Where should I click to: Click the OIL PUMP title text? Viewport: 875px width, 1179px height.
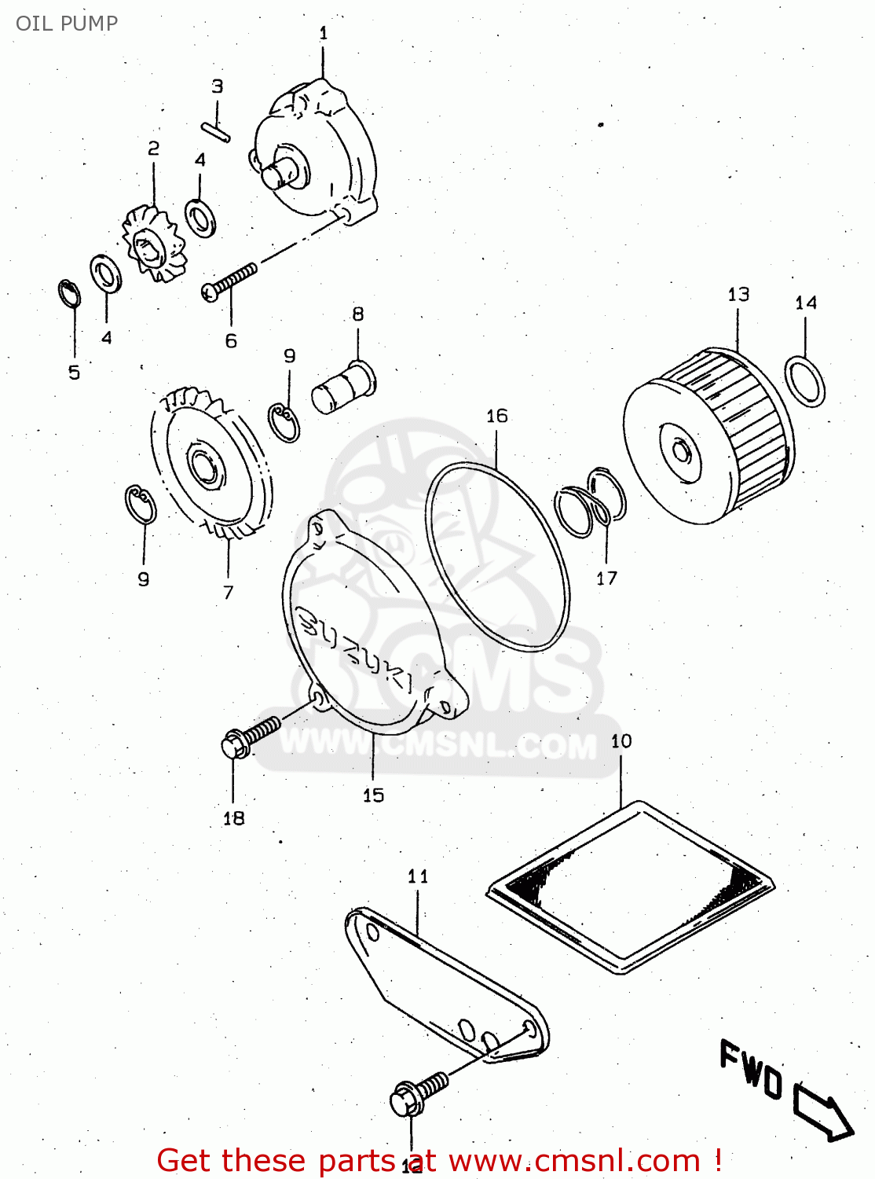point(67,23)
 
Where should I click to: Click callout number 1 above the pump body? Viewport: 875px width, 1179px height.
point(323,33)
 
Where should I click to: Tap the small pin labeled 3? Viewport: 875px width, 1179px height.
point(214,131)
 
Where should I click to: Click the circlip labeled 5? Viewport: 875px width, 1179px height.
point(70,295)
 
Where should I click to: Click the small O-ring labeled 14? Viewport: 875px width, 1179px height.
point(805,380)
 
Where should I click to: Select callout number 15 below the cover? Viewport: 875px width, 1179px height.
point(373,795)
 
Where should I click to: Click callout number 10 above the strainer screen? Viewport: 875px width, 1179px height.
point(621,740)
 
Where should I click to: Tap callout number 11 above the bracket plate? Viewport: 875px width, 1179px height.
point(418,876)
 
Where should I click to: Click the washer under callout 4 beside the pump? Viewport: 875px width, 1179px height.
point(200,217)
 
